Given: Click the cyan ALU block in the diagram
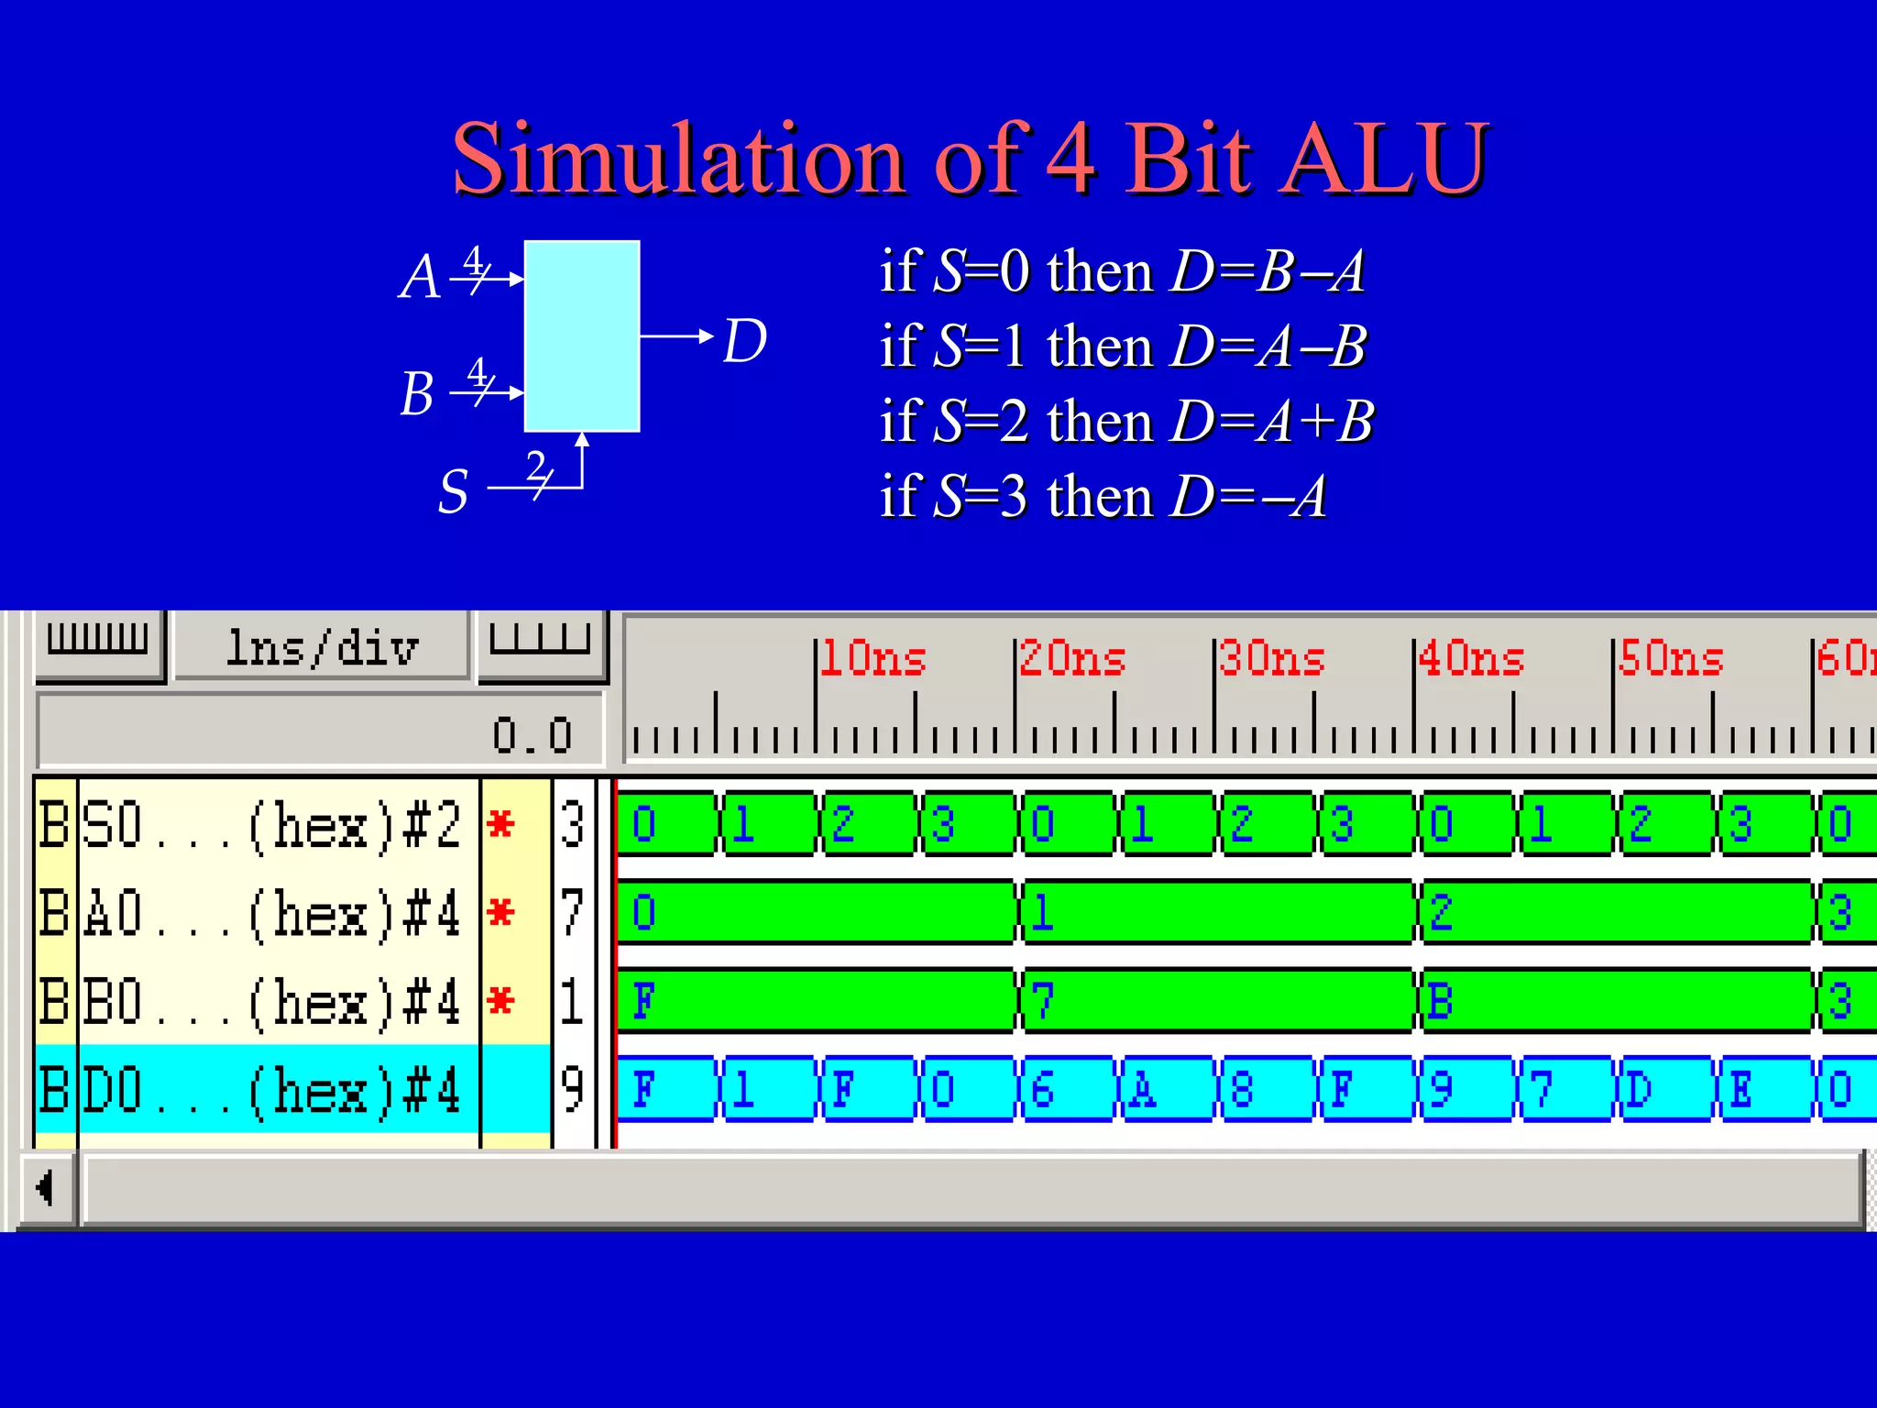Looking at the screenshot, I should pyautogui.click(x=581, y=335).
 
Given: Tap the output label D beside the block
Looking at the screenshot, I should pyautogui.click(x=744, y=341).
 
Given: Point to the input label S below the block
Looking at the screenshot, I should pyautogui.click(x=454, y=491).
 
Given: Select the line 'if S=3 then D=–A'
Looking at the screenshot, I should pyautogui.click(x=1103, y=497).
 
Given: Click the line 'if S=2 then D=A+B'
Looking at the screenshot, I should pyautogui.click(x=1126, y=422).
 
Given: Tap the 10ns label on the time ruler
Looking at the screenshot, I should pyautogui.click(x=872, y=659).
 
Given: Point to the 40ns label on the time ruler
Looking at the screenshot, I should pyautogui.click(x=1470, y=659).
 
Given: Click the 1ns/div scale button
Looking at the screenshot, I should pyautogui.click(x=322, y=648).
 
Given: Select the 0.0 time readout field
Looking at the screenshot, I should pyautogui.click(x=320, y=733).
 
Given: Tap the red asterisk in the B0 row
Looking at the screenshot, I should pyautogui.click(x=500, y=1000).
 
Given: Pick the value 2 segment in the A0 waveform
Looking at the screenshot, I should pyautogui.click(x=1615, y=912).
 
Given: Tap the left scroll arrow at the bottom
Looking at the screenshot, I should pyautogui.click(x=45, y=1188).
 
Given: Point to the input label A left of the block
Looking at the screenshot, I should pyautogui.click(x=420, y=277).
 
